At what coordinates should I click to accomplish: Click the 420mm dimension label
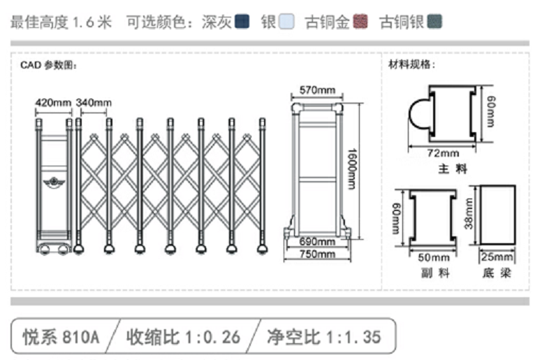(x=53, y=103)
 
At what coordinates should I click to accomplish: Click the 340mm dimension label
(x=93, y=103)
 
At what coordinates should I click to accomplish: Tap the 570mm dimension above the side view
(x=317, y=90)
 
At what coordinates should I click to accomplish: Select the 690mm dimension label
(x=317, y=241)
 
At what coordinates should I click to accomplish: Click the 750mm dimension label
(x=317, y=254)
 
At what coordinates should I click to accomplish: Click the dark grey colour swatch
(x=242, y=22)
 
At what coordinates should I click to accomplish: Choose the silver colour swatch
(x=286, y=22)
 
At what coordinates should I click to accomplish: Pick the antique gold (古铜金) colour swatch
(x=360, y=22)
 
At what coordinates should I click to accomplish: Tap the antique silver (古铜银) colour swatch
(x=434, y=22)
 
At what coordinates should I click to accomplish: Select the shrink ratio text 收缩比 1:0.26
(x=183, y=337)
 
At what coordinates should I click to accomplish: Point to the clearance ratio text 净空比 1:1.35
(x=324, y=337)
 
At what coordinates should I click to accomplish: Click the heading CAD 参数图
(x=48, y=66)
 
